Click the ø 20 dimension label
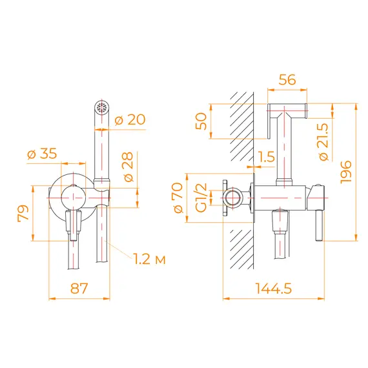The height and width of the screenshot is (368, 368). (x=130, y=119)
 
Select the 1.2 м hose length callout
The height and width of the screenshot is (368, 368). (x=149, y=260)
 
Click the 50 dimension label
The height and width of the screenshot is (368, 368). (x=200, y=121)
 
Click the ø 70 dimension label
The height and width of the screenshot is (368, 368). (x=181, y=198)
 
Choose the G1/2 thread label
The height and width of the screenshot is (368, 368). (x=200, y=198)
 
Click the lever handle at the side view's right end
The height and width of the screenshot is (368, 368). (x=318, y=220)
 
